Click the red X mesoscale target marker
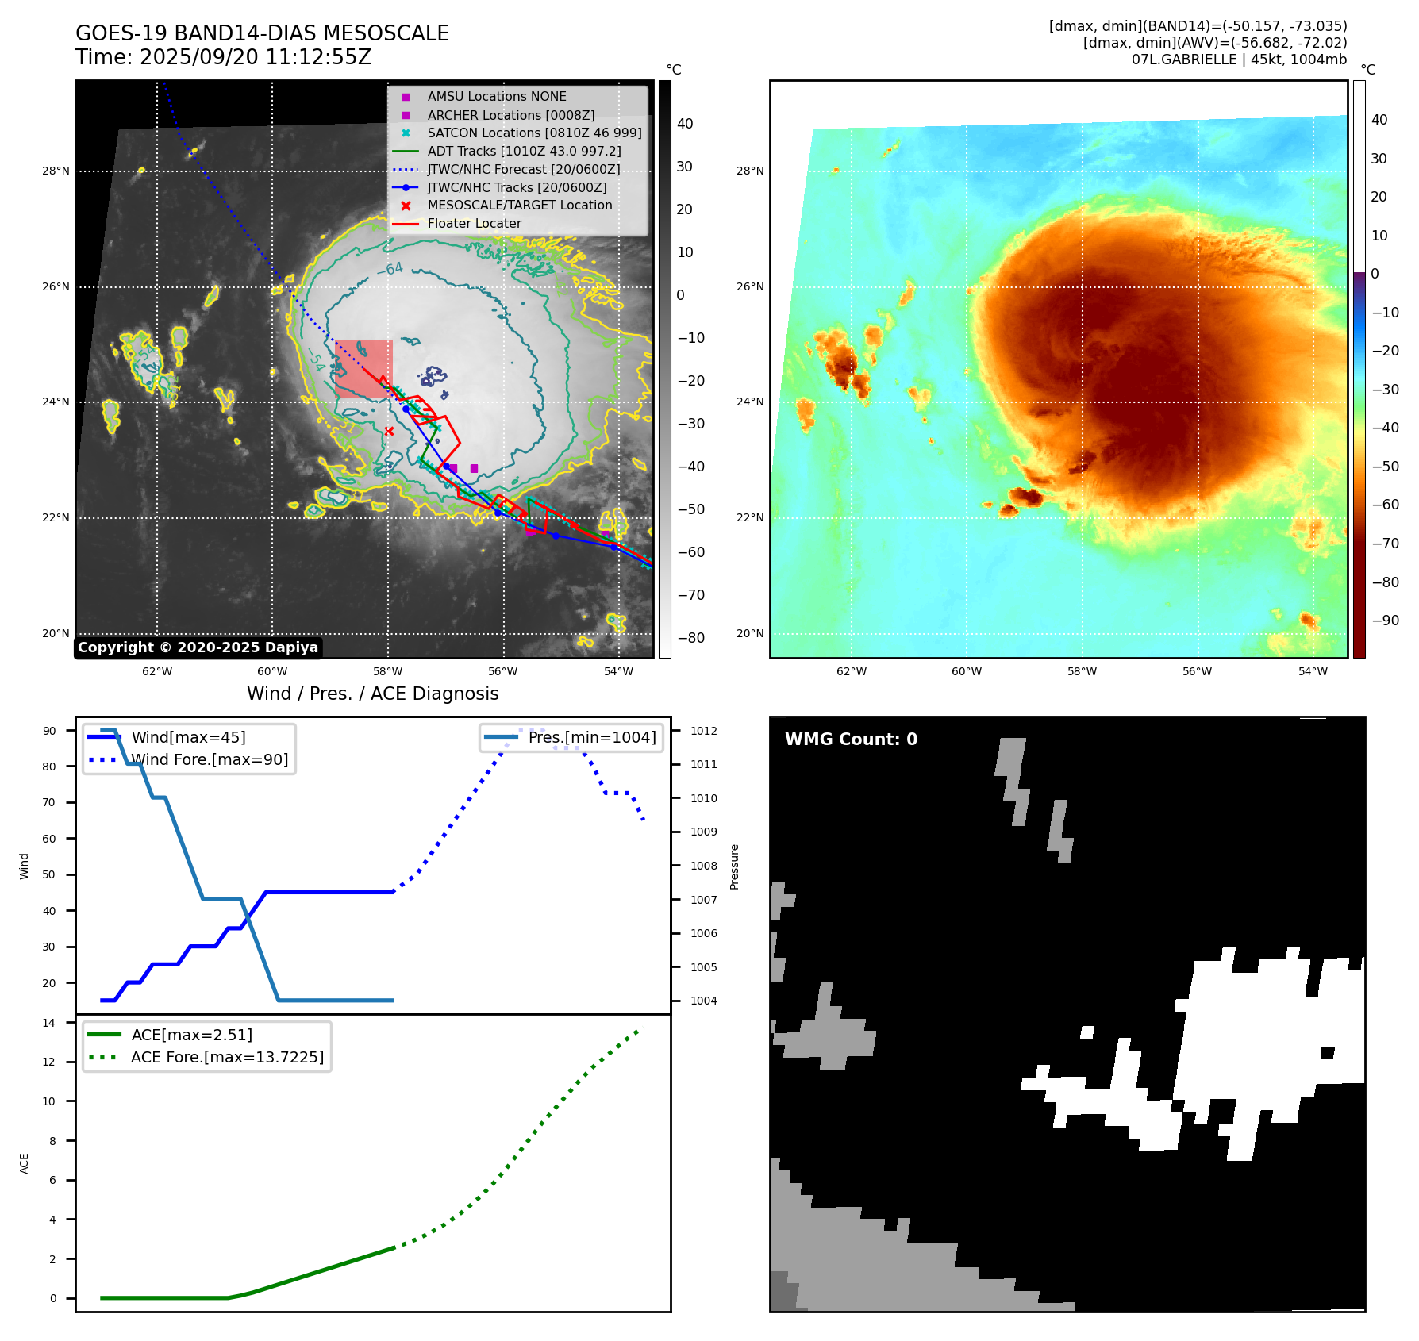tap(389, 431)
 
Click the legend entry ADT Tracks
tap(524, 151)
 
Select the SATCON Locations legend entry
tap(534, 133)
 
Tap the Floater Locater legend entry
tap(474, 223)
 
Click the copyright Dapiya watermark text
tap(198, 647)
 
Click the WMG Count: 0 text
tap(851, 740)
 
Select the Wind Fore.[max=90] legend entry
tap(210, 759)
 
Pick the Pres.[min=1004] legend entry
tap(592, 737)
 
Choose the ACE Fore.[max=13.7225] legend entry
tap(227, 1057)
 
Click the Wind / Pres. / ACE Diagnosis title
tap(372, 694)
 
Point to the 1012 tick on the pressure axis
tap(703, 731)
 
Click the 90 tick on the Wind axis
tap(49, 731)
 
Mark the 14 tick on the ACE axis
tap(49, 1023)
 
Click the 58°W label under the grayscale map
tap(388, 671)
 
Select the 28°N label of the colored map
tap(749, 171)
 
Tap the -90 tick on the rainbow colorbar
tap(1385, 621)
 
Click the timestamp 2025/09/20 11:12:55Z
tap(256, 57)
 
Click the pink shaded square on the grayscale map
tap(363, 369)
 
